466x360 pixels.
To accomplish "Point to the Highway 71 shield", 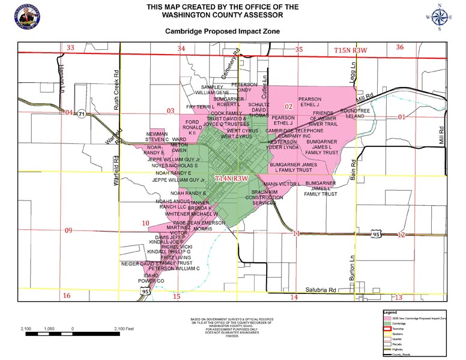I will click(x=80, y=113).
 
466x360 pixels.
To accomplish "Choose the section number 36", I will click(x=400, y=47).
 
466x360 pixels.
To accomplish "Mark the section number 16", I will click(x=67, y=296).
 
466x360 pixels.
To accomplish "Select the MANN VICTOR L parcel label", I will click(x=282, y=184).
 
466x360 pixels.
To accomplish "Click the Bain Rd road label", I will click(x=353, y=174).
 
